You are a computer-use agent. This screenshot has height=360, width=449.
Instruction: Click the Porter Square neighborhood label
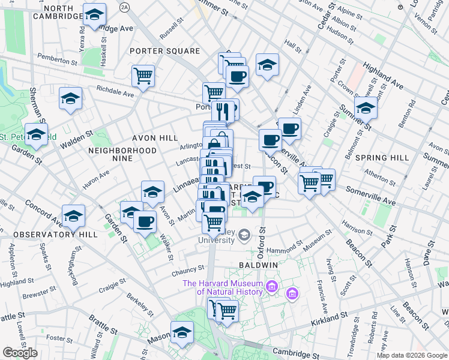[165, 51]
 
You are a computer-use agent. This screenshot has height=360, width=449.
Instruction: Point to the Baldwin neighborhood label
[257, 265]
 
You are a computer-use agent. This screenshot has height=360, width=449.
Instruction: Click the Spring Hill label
[382, 158]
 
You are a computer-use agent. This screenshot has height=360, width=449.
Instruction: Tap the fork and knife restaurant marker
[223, 111]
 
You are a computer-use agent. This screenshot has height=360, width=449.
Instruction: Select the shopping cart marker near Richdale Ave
[143, 76]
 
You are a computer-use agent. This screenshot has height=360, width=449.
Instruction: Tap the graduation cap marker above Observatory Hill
[73, 216]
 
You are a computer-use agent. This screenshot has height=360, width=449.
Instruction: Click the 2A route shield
[124, 7]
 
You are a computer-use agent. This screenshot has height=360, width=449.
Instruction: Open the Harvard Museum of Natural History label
[223, 288]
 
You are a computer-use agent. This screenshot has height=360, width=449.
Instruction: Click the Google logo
[20, 353]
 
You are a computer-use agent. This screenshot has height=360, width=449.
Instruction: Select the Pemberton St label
[59, 59]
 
